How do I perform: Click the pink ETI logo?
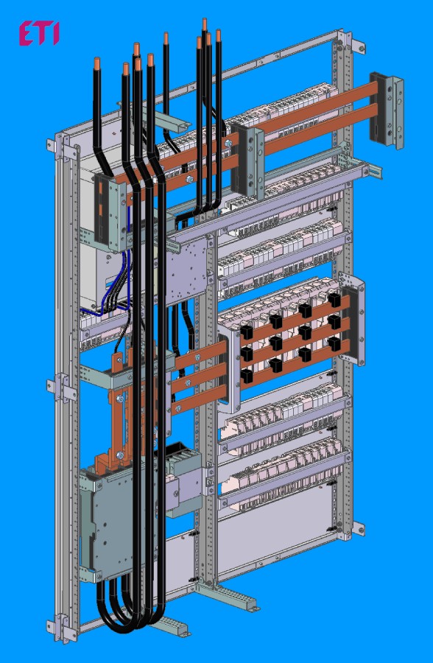(x=39, y=34)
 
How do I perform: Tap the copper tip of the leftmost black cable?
(x=97, y=63)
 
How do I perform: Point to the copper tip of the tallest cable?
(x=205, y=24)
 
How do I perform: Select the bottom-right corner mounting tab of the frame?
(x=358, y=528)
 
